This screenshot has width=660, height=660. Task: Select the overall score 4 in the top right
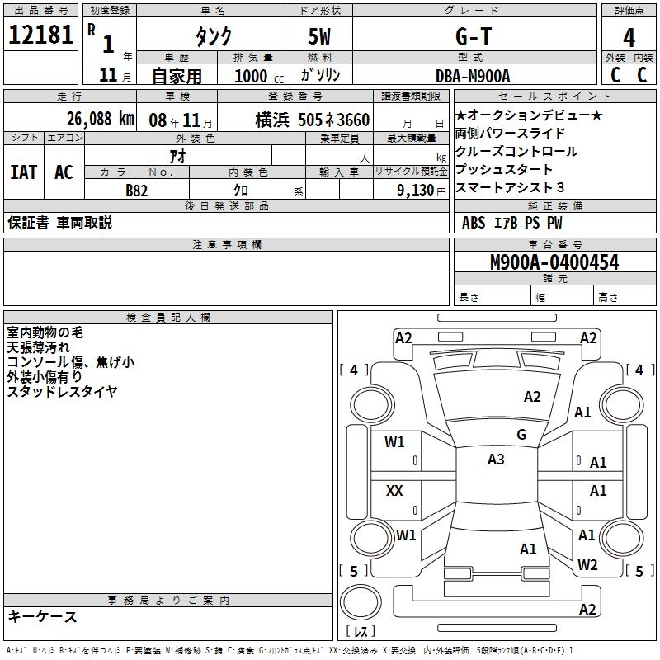point(629,37)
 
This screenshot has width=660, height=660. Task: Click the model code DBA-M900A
point(473,76)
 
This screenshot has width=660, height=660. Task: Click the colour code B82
point(137,189)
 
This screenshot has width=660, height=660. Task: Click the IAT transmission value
point(23,172)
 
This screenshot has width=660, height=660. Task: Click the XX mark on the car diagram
point(395,491)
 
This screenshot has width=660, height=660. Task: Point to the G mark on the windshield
point(521,435)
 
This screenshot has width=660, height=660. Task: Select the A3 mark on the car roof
point(496,460)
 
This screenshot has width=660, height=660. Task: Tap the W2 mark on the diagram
point(587,565)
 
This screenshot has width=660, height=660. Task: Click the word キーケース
point(43,616)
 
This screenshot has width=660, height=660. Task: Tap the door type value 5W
point(320,37)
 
